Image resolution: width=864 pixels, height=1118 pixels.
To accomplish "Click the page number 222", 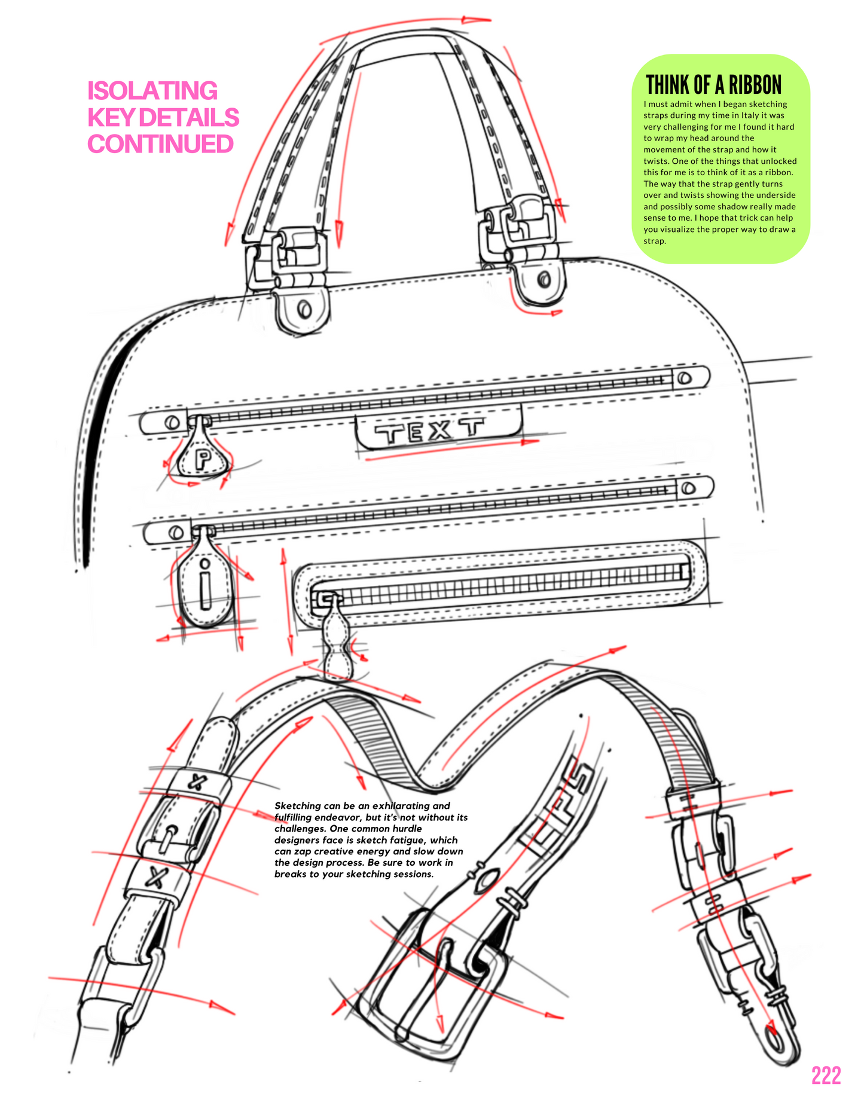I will (x=826, y=1075).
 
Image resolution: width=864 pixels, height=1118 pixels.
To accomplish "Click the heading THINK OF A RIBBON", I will (x=713, y=85).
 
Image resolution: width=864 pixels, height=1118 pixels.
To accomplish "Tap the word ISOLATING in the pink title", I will (x=152, y=91).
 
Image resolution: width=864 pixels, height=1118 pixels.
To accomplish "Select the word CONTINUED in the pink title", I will (x=160, y=144).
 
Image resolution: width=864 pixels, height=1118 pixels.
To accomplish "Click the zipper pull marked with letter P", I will (x=203, y=459).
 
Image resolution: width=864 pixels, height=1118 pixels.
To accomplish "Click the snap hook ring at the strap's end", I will (x=777, y=1040).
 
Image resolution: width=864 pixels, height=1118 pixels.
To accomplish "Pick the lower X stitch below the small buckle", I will (x=157, y=876).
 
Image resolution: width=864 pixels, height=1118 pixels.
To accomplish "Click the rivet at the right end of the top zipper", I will (x=685, y=378).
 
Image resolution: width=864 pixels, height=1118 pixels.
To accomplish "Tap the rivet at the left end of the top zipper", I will (x=172, y=422).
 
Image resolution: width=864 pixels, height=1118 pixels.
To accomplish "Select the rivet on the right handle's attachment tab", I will (x=544, y=279).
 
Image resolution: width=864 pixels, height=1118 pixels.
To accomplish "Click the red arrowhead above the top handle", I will (x=472, y=19).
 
